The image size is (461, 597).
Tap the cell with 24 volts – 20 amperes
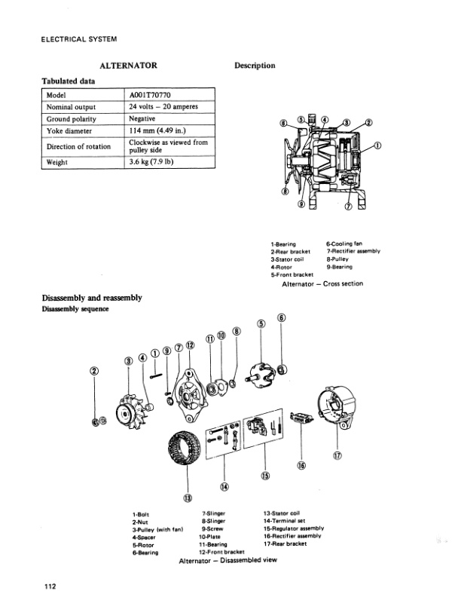coord(163,107)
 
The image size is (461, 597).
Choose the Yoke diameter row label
coord(69,130)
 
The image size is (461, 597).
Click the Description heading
coord(255,66)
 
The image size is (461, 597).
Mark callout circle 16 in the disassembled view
coord(301,465)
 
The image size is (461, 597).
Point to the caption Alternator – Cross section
coord(322,283)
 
